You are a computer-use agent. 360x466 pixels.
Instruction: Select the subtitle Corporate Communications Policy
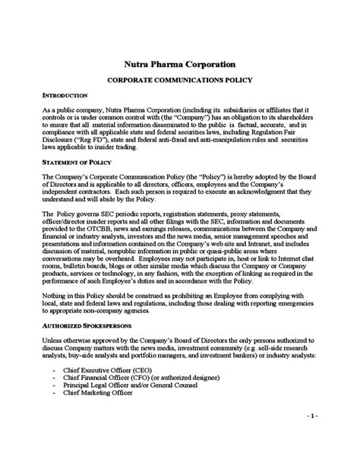179,79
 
